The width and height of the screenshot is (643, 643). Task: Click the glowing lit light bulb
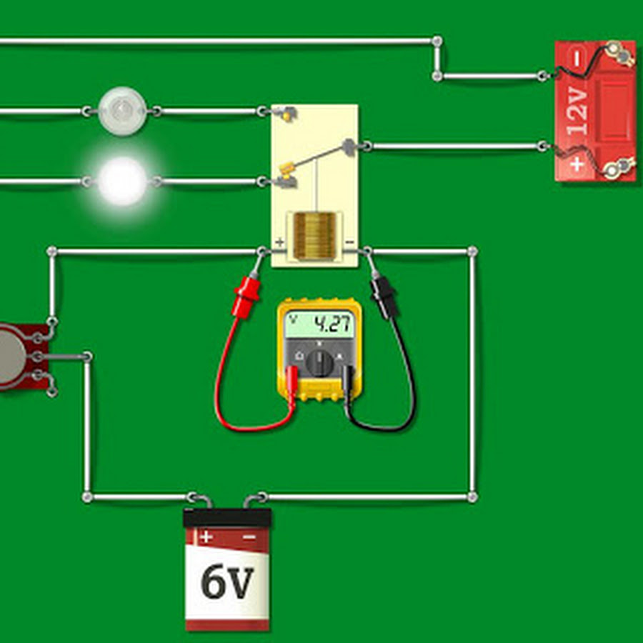point(123,181)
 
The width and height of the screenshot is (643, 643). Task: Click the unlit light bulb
point(123,111)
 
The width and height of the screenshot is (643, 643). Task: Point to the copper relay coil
point(315,236)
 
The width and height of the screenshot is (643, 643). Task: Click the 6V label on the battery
point(227,582)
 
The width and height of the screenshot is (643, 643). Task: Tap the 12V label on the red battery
point(577,111)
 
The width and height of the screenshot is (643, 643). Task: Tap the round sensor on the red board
point(9,355)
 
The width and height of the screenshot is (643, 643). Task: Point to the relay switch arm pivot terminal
point(349,147)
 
